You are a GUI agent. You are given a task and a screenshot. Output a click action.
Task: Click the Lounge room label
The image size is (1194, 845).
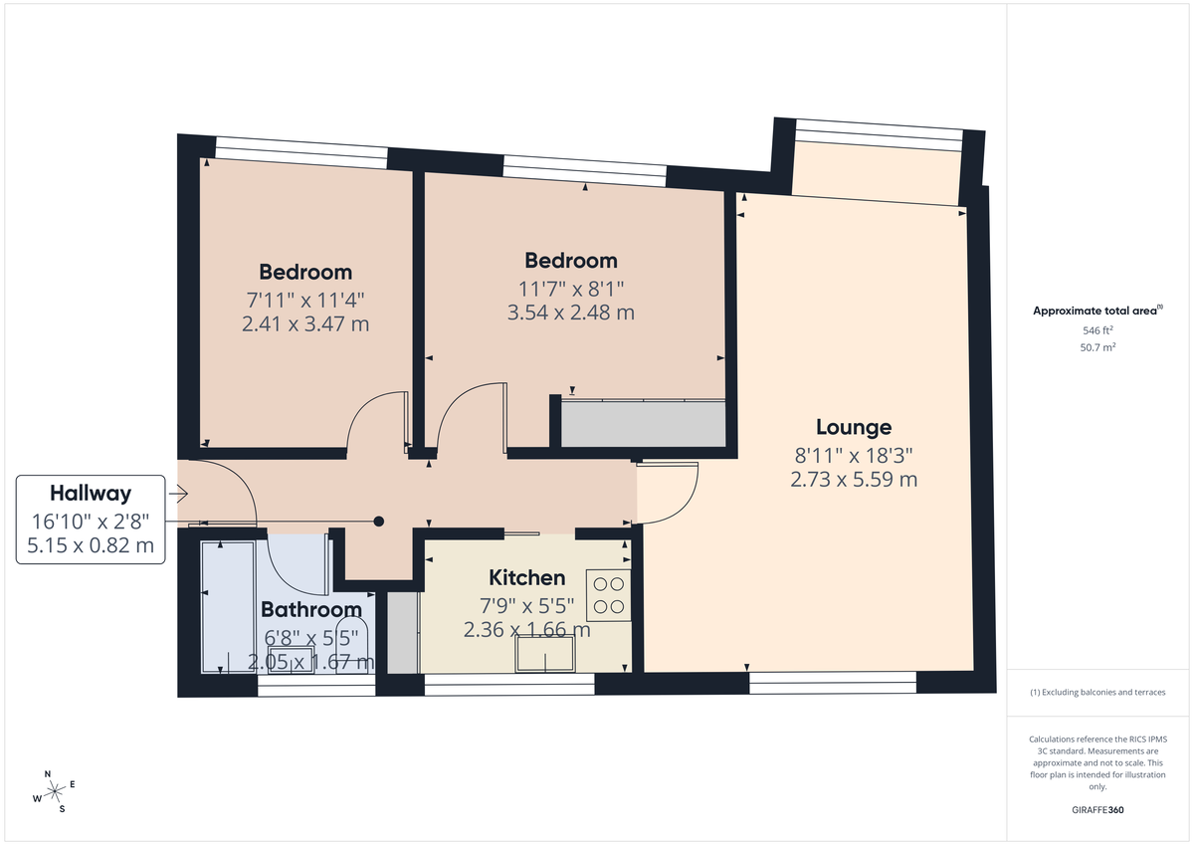tap(853, 427)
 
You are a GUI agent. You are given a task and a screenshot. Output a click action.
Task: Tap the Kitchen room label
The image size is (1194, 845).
tap(526, 577)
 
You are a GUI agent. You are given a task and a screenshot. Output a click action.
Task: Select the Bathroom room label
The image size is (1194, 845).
tap(310, 609)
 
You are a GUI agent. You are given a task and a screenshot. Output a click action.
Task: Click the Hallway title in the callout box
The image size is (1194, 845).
tap(91, 493)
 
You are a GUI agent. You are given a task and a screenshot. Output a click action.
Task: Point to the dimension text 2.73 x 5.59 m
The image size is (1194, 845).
tap(853, 480)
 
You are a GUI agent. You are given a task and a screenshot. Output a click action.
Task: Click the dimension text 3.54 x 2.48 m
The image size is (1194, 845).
tap(571, 312)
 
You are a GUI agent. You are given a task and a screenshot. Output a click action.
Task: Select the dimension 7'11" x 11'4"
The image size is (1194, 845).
tap(305, 299)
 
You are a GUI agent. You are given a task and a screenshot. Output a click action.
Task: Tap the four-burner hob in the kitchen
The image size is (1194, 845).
tap(609, 595)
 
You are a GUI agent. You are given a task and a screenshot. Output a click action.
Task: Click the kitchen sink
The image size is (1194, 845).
tap(544, 653)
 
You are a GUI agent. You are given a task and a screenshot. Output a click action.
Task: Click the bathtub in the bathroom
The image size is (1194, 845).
tap(227, 606)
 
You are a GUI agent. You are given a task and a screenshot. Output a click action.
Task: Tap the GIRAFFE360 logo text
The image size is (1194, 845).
tap(1097, 810)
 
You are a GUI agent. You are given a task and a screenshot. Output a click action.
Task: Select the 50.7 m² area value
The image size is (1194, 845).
tap(1097, 346)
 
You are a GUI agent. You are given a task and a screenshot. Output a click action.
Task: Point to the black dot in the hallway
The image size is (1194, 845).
tap(378, 521)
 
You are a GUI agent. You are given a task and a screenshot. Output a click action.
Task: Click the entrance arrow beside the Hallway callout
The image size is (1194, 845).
tap(179, 492)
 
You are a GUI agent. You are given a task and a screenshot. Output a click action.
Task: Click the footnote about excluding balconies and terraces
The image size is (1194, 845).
tap(1097, 692)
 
